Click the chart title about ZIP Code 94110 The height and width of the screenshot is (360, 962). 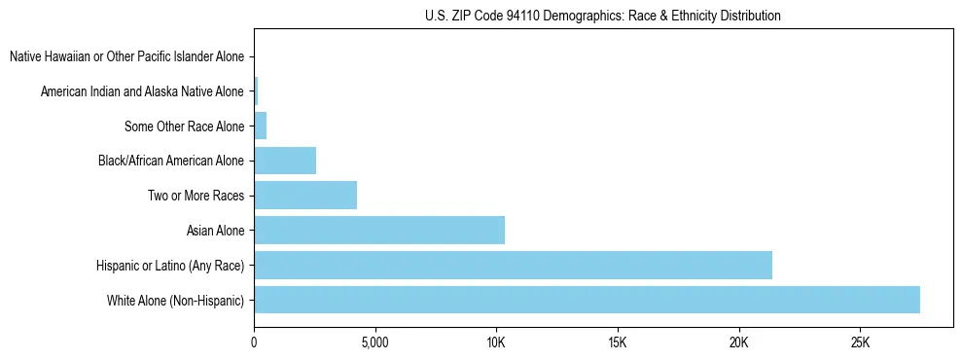point(603,16)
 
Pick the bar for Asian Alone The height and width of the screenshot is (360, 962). point(379,230)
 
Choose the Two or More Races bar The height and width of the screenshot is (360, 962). point(305,196)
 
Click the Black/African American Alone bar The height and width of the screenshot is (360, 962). point(285,161)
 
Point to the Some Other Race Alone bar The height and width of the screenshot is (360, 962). point(260,126)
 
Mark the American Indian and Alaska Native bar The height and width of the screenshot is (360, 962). point(256,91)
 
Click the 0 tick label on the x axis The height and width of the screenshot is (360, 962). point(254,342)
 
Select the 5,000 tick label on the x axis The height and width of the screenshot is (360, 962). point(374,342)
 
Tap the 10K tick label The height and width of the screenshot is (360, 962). point(496,342)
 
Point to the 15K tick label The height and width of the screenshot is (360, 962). point(618,342)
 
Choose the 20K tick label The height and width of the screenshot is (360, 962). point(739,342)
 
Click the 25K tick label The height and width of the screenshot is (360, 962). point(860,342)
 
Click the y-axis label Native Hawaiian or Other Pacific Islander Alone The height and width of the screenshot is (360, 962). point(126,56)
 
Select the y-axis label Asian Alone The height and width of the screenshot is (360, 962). point(215,231)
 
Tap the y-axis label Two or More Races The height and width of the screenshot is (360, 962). point(196,196)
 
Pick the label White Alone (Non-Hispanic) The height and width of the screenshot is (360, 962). point(176,301)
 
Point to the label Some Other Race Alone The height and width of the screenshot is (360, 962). point(185,126)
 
